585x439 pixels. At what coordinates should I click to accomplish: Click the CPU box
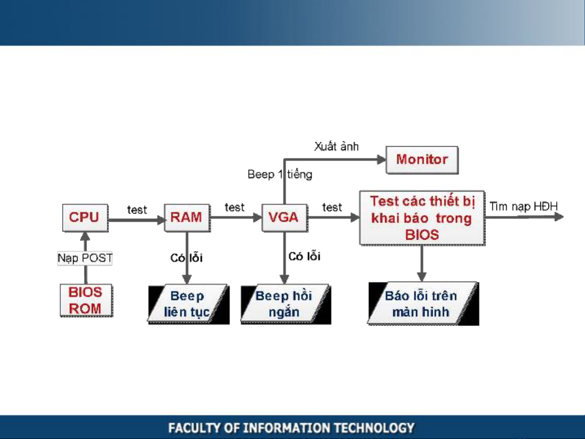click(85, 217)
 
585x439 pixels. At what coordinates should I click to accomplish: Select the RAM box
click(187, 217)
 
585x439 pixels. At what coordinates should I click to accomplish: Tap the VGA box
click(284, 217)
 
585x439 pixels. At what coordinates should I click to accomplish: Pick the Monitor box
click(422, 160)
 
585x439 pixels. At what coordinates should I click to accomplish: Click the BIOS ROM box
click(86, 301)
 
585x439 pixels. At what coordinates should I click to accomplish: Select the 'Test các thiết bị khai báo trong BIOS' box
click(422, 218)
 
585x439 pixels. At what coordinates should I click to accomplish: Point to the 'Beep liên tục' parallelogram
click(188, 304)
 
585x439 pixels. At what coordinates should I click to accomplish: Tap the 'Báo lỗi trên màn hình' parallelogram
click(422, 304)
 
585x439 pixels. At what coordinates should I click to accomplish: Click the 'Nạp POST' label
click(85, 258)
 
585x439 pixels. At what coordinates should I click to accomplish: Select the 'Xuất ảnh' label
click(336, 146)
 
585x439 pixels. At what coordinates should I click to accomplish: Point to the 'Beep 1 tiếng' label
click(280, 174)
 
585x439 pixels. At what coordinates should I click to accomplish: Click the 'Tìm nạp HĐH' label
click(523, 206)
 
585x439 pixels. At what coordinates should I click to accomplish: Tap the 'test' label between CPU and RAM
click(137, 210)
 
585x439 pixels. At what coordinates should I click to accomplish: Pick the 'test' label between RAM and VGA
click(235, 208)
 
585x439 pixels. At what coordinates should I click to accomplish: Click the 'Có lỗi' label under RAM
click(186, 258)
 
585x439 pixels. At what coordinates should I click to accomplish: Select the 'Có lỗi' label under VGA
click(304, 256)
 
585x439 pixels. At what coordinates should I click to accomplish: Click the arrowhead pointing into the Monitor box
click(381, 160)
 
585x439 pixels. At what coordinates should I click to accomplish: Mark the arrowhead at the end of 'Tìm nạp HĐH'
click(559, 216)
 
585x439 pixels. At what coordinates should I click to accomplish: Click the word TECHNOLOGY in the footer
click(374, 428)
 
